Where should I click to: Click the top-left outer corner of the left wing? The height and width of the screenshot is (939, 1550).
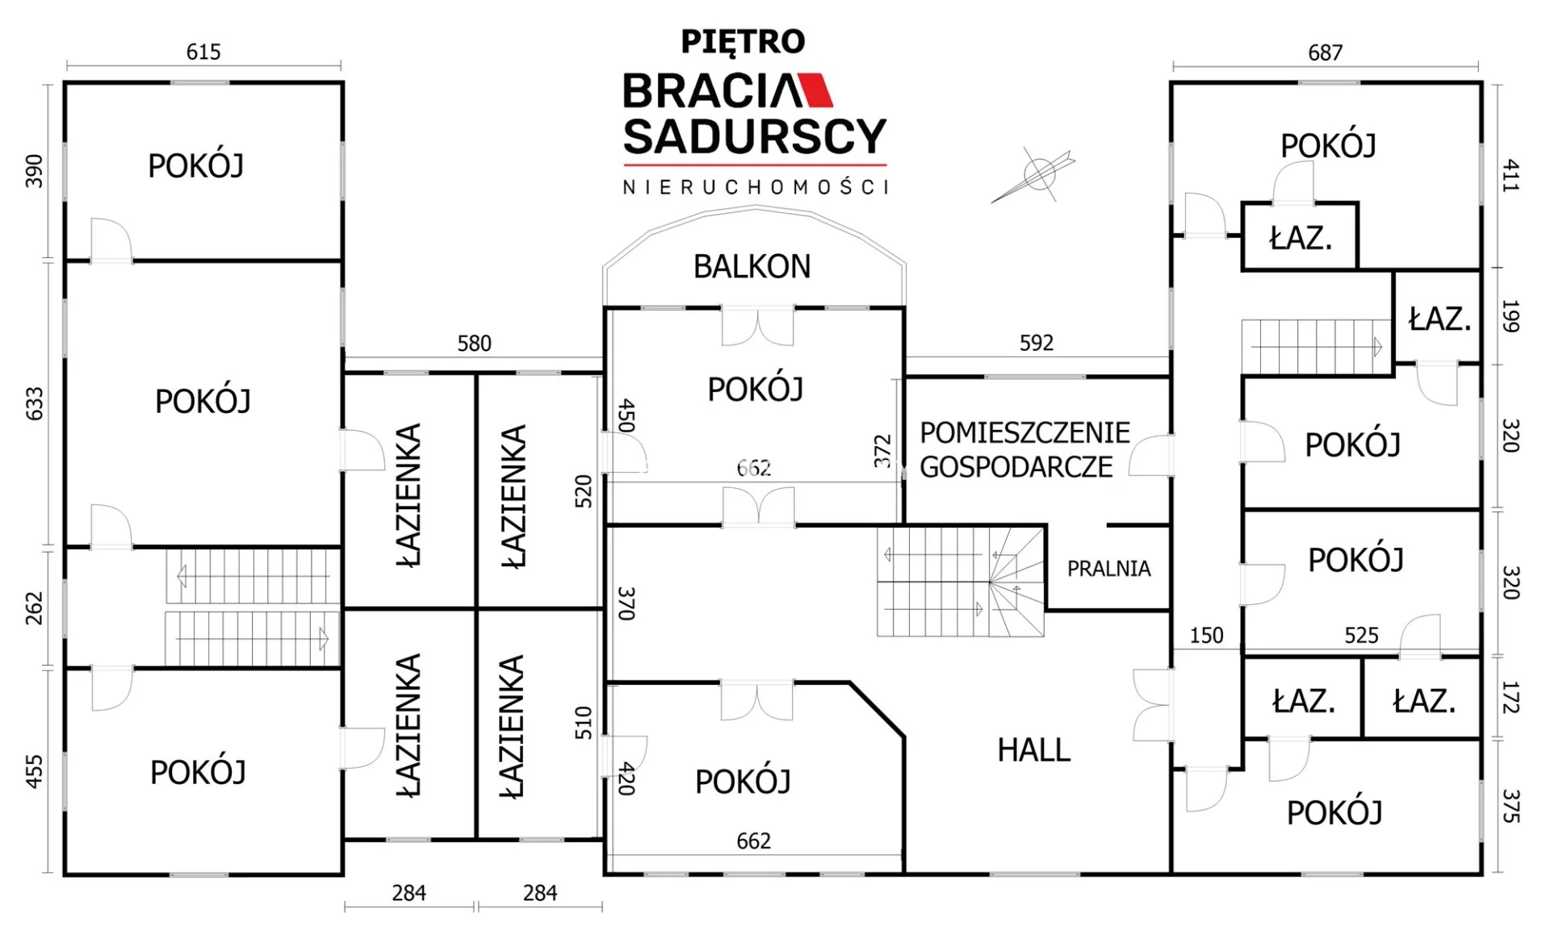tap(65, 82)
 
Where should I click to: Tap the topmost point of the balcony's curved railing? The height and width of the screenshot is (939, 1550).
tap(755, 208)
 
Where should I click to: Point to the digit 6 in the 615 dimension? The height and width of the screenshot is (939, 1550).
tap(193, 52)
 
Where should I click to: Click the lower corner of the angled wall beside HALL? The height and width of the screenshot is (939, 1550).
tap(903, 736)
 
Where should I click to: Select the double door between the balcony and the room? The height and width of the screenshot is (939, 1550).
tap(757, 324)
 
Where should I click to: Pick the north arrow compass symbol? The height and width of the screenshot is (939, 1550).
tap(1037, 174)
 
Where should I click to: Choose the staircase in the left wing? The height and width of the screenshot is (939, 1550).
tap(253, 607)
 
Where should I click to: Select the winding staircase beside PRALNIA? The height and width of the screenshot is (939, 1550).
tap(961, 582)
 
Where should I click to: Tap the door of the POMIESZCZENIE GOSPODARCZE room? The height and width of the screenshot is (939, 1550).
tap(1150, 455)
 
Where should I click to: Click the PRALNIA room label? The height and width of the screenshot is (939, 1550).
tap(1108, 569)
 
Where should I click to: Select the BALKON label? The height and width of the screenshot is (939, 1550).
tap(752, 266)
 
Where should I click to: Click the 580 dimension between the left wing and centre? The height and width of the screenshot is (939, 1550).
tap(474, 344)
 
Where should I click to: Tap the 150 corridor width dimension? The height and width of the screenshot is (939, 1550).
tap(1206, 636)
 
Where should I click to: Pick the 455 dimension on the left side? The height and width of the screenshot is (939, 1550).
tap(34, 771)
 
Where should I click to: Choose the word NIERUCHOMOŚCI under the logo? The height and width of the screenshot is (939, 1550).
tap(755, 186)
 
